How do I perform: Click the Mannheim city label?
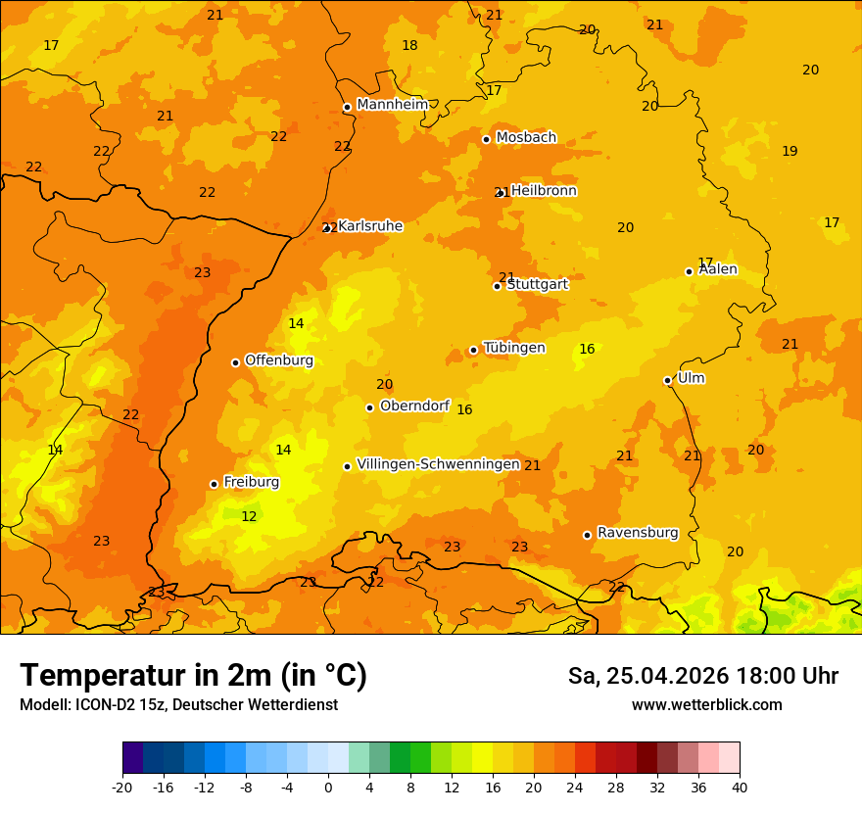[x=393, y=105]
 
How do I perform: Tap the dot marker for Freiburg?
[x=214, y=484]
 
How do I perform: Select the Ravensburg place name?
[x=638, y=533]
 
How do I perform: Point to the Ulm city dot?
[x=668, y=380]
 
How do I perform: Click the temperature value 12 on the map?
[x=249, y=516]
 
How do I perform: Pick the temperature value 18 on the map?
[x=409, y=45]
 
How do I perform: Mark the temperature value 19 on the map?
[x=790, y=151]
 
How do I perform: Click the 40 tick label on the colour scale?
[x=740, y=788]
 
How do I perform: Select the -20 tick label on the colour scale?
[x=122, y=788]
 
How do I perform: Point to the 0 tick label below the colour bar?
[x=328, y=788]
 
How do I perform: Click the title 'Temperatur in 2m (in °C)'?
[x=193, y=675]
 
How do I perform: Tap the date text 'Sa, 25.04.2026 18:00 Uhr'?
[x=702, y=676]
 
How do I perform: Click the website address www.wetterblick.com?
[x=706, y=705]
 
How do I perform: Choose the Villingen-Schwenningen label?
[x=438, y=464]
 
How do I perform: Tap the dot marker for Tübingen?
[x=473, y=350]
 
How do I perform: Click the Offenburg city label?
[x=279, y=360]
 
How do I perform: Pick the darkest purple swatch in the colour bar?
[x=132, y=758]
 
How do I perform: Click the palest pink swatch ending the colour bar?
[x=729, y=758]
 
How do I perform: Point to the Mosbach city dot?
[x=486, y=139]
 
